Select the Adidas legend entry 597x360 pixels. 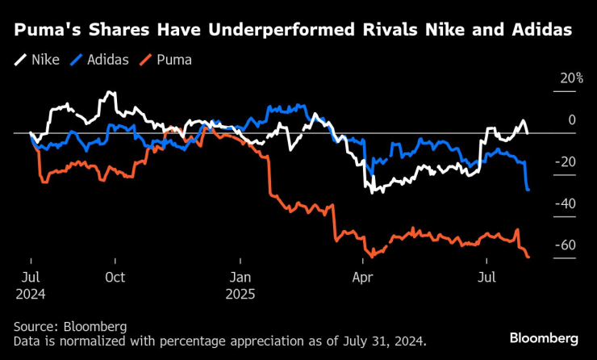tap(98, 60)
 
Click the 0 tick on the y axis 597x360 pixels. tap(572, 120)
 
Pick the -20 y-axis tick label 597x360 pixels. tap(568, 162)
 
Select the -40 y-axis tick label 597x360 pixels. tap(568, 203)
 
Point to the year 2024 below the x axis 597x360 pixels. tap(30, 295)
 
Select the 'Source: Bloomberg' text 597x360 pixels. tap(69, 326)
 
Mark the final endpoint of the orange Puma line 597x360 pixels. tap(528, 257)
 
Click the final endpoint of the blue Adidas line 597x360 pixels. tap(528, 190)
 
